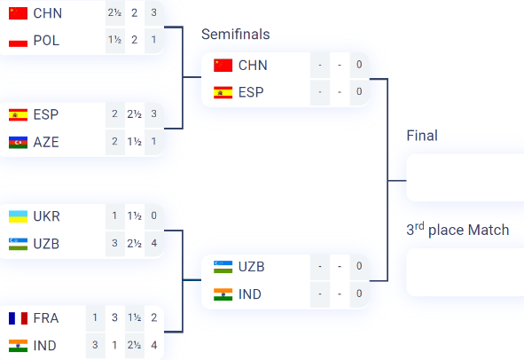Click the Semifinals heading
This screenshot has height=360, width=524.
click(235, 34)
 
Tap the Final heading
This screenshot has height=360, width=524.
click(422, 136)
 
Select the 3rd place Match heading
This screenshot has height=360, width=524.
click(458, 230)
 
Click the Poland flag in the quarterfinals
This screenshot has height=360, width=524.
click(18, 41)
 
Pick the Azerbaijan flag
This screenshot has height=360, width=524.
click(18, 143)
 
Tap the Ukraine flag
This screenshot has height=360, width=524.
click(18, 216)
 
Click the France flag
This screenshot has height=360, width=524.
click(18, 318)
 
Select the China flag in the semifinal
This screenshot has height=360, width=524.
click(223, 66)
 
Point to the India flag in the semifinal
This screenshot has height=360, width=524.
click(223, 294)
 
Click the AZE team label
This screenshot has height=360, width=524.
click(46, 143)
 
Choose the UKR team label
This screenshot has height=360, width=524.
click(46, 216)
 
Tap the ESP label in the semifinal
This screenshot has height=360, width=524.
click(251, 92)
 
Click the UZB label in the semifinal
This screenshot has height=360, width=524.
click(251, 267)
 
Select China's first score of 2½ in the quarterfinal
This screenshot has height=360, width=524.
click(114, 12)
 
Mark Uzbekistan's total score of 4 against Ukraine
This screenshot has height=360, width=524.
click(153, 243)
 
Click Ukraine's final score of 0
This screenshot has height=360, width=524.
click(153, 215)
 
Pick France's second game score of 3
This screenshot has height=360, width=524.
click(114, 317)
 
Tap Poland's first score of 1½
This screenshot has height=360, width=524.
click(114, 40)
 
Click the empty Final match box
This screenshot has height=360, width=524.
click(465, 178)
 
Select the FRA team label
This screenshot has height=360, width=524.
click(46, 318)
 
